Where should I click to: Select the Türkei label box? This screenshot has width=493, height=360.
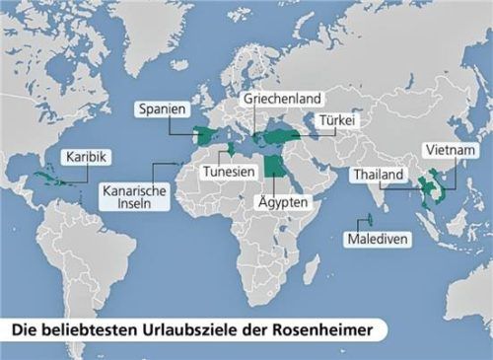(x=334, y=121)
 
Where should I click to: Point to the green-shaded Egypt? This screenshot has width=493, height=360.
(x=273, y=166)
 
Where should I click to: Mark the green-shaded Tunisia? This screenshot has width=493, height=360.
(x=230, y=148)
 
